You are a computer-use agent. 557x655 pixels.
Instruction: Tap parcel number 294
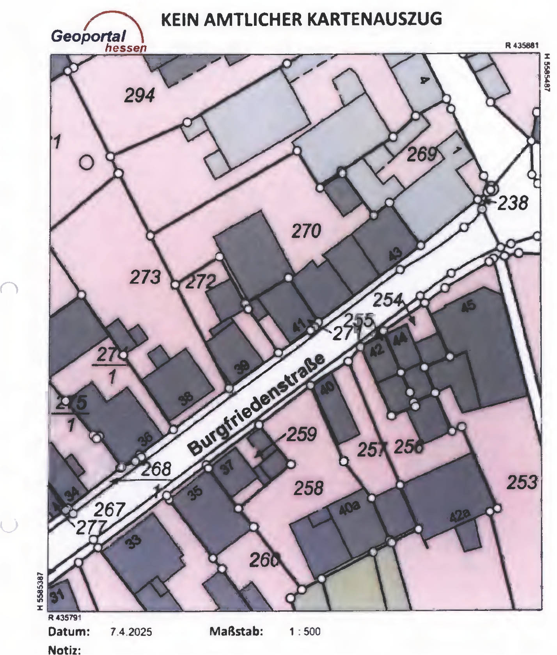(140, 96)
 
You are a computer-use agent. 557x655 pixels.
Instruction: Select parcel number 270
(307, 231)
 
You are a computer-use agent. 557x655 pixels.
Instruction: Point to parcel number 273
(145, 277)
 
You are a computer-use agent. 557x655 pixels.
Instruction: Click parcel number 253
(522, 483)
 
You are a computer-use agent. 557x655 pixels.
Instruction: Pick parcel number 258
(309, 488)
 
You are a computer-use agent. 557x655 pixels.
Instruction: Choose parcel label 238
(513, 203)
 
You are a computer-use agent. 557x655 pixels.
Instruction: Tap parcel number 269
(422, 155)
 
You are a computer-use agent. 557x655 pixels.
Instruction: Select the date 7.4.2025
(131, 631)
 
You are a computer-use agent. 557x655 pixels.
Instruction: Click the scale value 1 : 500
(305, 631)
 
